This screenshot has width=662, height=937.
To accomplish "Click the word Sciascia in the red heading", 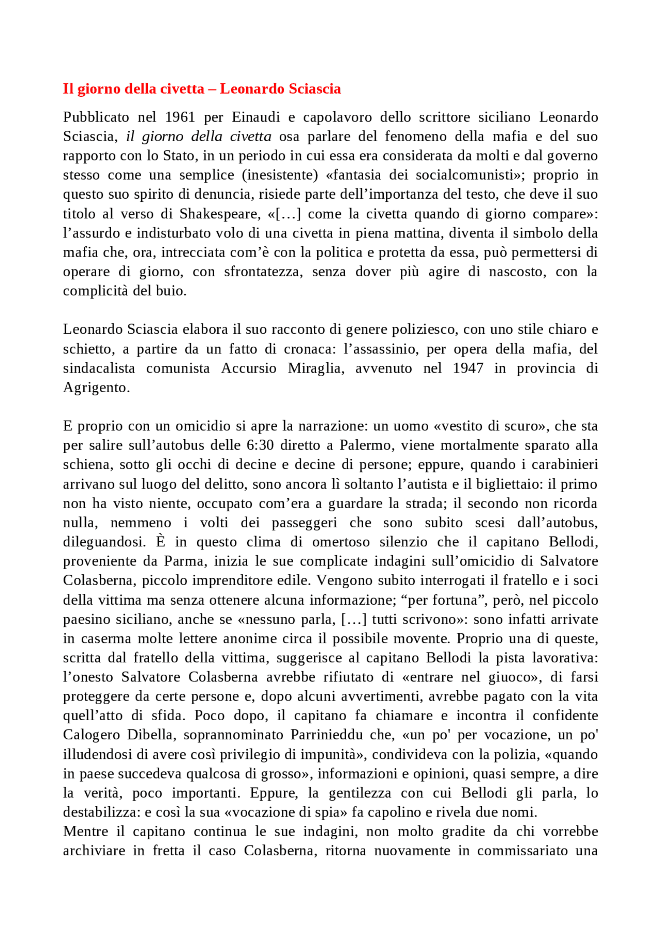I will click(x=314, y=89).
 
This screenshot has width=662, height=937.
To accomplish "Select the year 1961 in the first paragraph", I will click(x=180, y=117).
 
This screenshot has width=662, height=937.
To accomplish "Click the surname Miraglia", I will click(x=315, y=368).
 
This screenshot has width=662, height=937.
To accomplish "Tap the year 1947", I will click(x=468, y=368).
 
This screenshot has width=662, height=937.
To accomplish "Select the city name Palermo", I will click(x=365, y=445).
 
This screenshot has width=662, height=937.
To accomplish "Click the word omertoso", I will click(x=341, y=542).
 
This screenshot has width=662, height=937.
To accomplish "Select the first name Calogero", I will click(x=92, y=735).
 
